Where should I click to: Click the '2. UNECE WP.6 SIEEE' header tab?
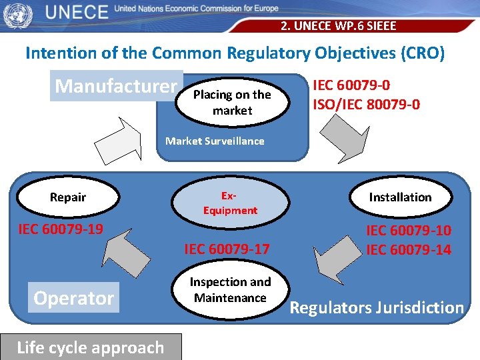click(338, 26)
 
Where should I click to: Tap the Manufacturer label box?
click(117, 86)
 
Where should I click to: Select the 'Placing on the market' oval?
click(232, 102)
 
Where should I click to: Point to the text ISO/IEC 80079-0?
click(367, 104)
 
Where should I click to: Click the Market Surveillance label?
click(215, 141)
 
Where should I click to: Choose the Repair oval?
click(68, 197)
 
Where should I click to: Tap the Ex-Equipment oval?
click(230, 203)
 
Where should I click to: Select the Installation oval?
click(400, 197)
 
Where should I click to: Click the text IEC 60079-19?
click(60, 229)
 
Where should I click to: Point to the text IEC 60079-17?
click(227, 249)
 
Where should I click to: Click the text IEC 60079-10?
click(408, 231)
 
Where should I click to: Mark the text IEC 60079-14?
click(408, 250)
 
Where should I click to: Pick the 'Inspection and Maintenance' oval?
click(230, 290)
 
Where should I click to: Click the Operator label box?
click(73, 298)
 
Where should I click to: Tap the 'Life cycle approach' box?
click(90, 347)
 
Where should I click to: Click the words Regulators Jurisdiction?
click(377, 307)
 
